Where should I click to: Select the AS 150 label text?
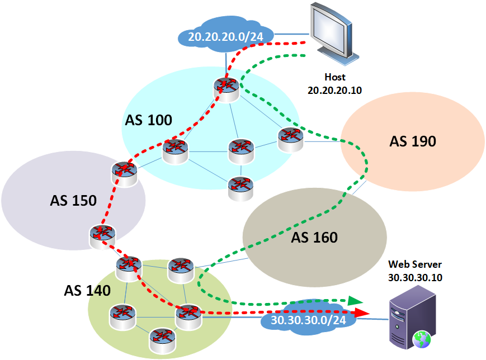(73, 200)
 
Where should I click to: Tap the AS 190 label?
(412, 141)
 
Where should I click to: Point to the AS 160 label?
(314, 238)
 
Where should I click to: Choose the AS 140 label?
(87, 291)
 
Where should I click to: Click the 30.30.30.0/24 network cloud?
(308, 320)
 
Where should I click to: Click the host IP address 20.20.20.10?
(334, 89)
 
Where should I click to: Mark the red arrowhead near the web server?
(362, 312)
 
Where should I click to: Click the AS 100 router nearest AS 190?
(290, 139)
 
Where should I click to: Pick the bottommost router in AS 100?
(240, 188)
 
